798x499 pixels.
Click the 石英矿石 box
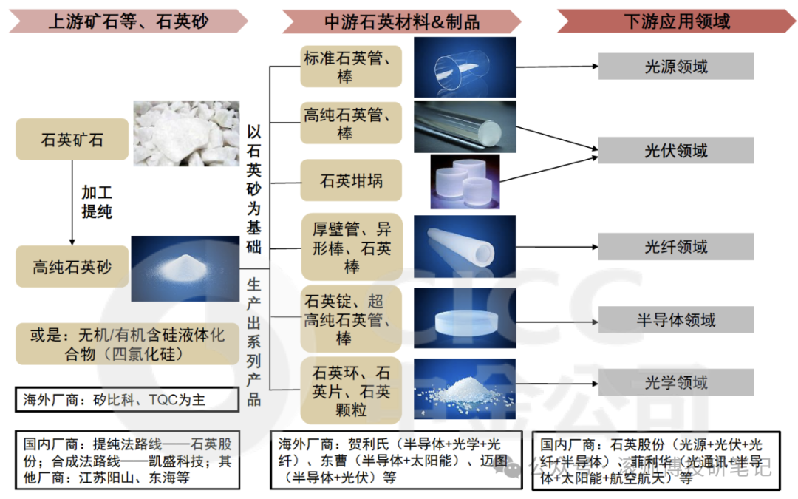[72, 140]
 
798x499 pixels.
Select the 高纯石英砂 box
[72, 267]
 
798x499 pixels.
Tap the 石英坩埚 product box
[351, 180]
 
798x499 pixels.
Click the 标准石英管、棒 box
[351, 67]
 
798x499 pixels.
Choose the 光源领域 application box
[675, 67]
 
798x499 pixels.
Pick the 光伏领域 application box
[675, 151]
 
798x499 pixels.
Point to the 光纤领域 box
[675, 246]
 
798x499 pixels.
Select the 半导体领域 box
[675, 320]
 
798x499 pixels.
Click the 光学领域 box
[675, 382]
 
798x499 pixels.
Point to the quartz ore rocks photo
[185, 133]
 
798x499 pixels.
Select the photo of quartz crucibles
[465, 181]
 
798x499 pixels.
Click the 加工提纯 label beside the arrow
[97, 202]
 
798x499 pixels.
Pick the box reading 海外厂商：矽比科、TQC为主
[128, 400]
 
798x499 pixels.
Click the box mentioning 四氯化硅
[128, 344]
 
